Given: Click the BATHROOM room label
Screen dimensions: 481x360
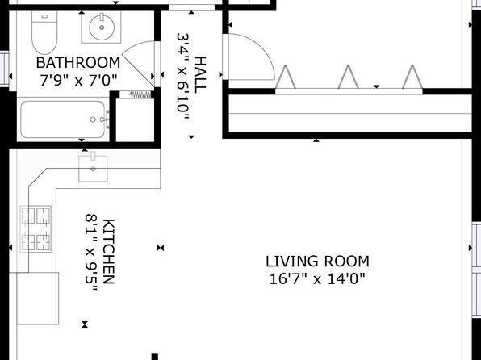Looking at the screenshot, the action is (78, 63).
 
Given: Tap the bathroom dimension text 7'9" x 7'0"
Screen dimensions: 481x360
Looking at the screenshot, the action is (78, 81).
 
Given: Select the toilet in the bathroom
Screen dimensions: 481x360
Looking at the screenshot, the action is (44, 33).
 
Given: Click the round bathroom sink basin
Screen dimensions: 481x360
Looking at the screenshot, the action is (102, 27).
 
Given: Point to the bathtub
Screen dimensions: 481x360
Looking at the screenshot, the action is (63, 119).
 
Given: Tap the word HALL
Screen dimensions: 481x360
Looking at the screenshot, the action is (200, 75).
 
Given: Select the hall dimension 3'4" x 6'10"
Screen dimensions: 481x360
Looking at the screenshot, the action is (183, 77).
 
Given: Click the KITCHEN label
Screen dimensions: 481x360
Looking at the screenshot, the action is (108, 251).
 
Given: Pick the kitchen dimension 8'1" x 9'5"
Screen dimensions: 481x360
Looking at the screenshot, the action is (91, 253).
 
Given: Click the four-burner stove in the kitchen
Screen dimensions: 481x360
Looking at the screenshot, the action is (36, 229).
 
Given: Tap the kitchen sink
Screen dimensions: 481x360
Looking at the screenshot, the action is (93, 168).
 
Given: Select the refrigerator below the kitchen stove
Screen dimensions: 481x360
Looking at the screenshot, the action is (37, 299).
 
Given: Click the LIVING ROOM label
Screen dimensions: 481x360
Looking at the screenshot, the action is (317, 262).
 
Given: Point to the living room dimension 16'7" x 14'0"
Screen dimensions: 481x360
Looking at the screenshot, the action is (317, 279).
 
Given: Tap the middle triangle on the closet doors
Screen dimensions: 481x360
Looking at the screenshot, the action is (348, 77).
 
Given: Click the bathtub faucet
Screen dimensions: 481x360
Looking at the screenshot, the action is (106, 119).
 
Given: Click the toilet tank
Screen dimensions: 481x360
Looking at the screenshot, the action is (44, 17).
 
